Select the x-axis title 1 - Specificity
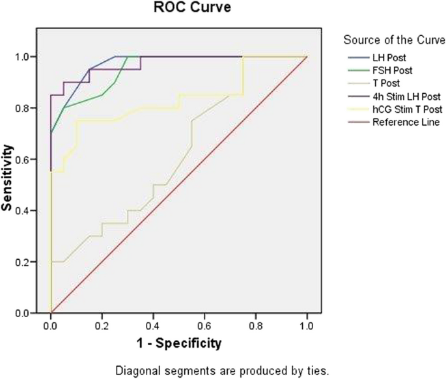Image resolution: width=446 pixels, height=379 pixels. [178, 342]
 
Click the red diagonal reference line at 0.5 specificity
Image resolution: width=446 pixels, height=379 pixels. [179, 185]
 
